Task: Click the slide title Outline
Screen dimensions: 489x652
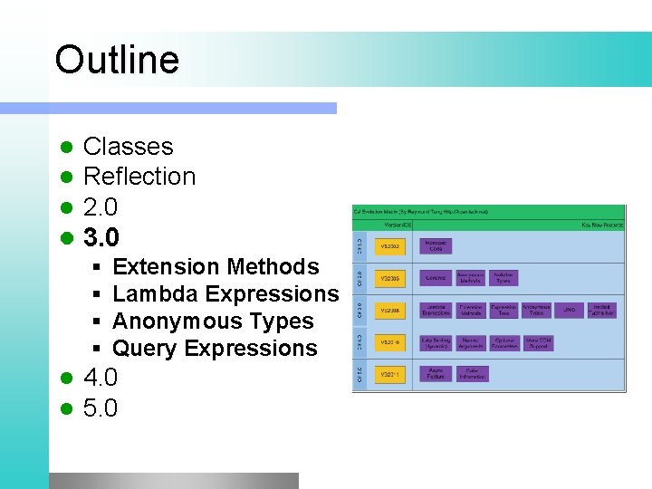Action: pos(117,60)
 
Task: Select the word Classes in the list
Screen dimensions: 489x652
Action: pos(128,147)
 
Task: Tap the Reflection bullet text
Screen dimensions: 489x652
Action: pos(139,177)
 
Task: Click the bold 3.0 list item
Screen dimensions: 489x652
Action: pos(101,237)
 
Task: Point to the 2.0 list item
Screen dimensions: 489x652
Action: pos(100,206)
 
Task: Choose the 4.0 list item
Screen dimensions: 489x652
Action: pos(100,377)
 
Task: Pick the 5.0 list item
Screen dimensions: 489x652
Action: pos(100,408)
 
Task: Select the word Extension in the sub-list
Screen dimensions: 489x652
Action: pos(167,267)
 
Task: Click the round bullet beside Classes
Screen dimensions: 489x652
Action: pos(64,148)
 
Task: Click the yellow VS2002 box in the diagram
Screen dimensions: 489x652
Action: pos(390,246)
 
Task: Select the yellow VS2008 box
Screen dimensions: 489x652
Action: pos(390,311)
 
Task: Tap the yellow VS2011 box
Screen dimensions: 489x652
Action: pos(390,373)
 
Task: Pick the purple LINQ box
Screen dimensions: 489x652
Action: pos(569,311)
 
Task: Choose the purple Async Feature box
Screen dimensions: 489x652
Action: pos(436,373)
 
